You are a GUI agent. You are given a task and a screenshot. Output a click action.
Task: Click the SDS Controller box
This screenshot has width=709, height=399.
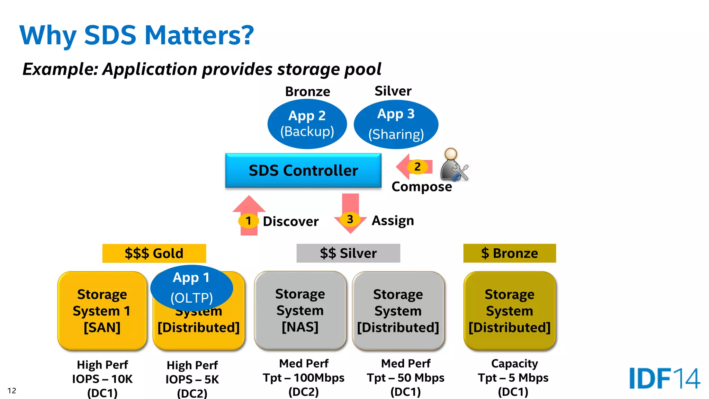pyautogui.click(x=303, y=170)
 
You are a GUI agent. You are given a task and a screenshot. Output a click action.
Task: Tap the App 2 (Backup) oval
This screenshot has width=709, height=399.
pyautogui.click(x=307, y=124)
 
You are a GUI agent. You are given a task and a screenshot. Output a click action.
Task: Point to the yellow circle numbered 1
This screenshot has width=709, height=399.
pyautogui.click(x=248, y=221)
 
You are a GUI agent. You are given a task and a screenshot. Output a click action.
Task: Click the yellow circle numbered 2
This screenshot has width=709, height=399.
pyautogui.click(x=418, y=167)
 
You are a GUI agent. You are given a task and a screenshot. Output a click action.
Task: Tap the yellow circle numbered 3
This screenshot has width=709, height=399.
pyautogui.click(x=350, y=219)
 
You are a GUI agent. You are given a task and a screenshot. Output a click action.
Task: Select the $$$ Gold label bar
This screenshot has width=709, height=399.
pyautogui.click(x=154, y=253)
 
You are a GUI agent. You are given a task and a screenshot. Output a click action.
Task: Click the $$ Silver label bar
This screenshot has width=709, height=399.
pyautogui.click(x=348, y=253)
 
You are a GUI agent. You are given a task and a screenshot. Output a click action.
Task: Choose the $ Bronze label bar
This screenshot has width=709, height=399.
pyautogui.click(x=510, y=253)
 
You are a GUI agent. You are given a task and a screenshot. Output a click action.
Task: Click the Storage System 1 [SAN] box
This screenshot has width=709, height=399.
pyautogui.click(x=102, y=311)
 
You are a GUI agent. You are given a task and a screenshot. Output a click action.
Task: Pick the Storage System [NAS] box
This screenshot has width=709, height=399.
pyautogui.click(x=300, y=310)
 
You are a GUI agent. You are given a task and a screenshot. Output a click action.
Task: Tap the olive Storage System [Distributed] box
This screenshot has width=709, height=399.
pyautogui.click(x=510, y=311)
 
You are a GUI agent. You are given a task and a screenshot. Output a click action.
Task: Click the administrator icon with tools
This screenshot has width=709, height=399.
pyautogui.click(x=454, y=165)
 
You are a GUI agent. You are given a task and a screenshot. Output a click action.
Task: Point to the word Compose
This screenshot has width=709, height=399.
pyautogui.click(x=422, y=187)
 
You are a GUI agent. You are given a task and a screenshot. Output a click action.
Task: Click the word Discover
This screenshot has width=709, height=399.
pyautogui.click(x=290, y=221)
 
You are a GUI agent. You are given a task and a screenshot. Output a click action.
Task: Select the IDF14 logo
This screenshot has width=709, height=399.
pyautogui.click(x=664, y=378)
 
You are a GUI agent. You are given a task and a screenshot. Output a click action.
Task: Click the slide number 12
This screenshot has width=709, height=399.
pyautogui.click(x=12, y=391)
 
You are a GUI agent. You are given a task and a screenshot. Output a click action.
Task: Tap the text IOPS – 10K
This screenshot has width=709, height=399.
pyautogui.click(x=102, y=379)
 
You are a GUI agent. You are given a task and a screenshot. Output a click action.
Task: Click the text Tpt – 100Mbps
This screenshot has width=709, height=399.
pyautogui.click(x=304, y=378)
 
